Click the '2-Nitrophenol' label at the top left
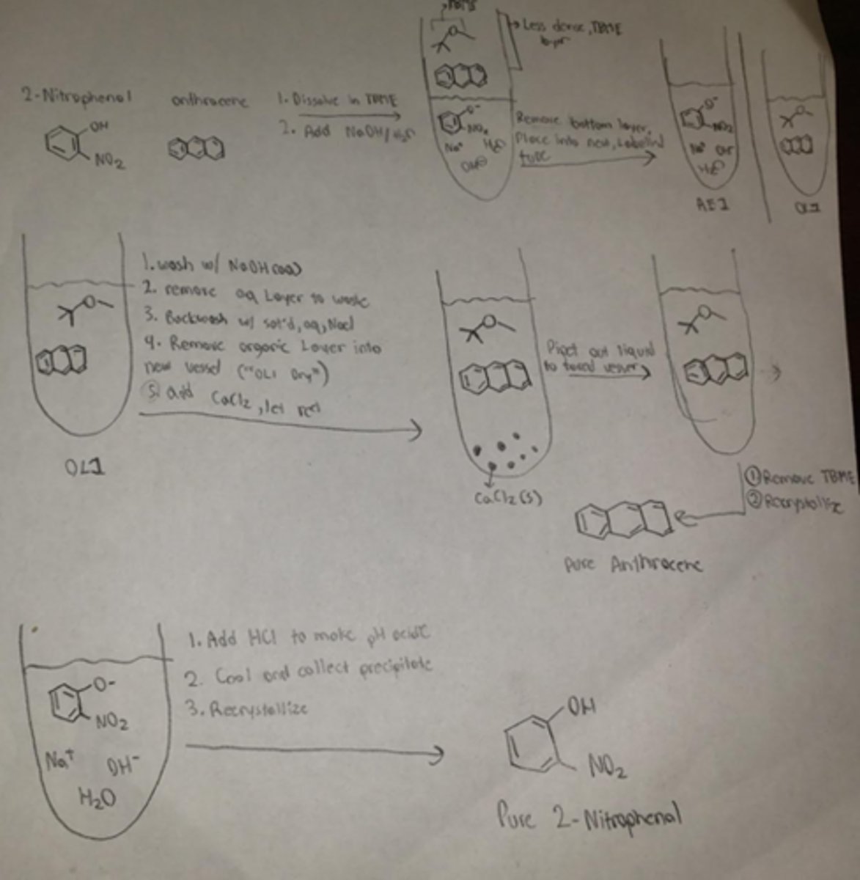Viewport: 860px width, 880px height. pyautogui.click(x=76, y=98)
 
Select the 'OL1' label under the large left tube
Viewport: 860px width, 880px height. pyautogui.click(x=84, y=466)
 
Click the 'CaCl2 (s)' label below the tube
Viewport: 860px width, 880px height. pyautogui.click(x=507, y=499)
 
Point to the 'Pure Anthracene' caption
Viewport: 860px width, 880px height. pyautogui.click(x=632, y=565)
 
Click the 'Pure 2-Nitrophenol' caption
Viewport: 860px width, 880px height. pyautogui.click(x=589, y=816)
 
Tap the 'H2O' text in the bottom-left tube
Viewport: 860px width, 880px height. pyautogui.click(x=98, y=798)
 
